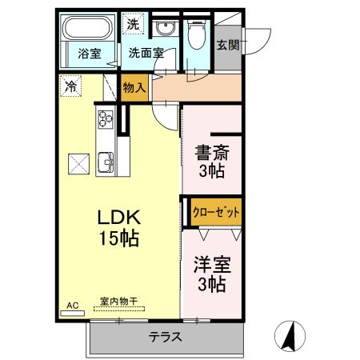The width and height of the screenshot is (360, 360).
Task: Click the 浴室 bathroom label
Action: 88,54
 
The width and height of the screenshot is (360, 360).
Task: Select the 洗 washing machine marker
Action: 133,24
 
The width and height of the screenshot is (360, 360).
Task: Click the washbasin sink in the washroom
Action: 167,30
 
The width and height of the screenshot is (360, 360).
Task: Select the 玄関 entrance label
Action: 226,45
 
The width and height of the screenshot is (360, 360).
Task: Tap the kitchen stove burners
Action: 106,120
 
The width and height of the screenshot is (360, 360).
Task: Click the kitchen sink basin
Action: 106,166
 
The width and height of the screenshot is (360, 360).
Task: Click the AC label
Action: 73,305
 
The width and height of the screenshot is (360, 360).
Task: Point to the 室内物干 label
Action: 118,302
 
